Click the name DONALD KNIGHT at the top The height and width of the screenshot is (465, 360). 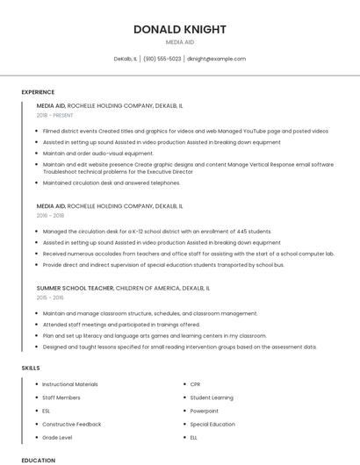coord(180,29)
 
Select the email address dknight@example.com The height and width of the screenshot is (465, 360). coord(216,59)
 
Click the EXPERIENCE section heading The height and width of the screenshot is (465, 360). coord(38,92)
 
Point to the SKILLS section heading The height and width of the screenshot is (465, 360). coord(31,368)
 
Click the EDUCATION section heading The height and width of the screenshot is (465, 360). coord(38,460)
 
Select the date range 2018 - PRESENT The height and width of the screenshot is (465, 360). coord(56,115)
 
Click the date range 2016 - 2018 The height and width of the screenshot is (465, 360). coord(50,215)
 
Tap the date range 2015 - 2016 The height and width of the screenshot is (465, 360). coord(50,297)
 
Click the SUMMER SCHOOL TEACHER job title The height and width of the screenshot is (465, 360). coord(75,288)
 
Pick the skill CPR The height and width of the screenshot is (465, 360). coord(195,384)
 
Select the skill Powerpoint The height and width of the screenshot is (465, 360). coord(205,411)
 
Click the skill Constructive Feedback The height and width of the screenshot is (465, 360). coord(72,424)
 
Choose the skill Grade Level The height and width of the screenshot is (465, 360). coord(57,437)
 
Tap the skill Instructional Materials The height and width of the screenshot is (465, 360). coord(70,384)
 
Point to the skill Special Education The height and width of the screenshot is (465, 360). coord(212,424)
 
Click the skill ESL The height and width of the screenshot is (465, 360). coord(47,411)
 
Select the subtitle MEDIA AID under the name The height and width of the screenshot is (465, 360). coord(180,42)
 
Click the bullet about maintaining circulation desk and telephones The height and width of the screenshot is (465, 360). coord(112,183)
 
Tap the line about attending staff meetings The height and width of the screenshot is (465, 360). coord(121,324)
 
